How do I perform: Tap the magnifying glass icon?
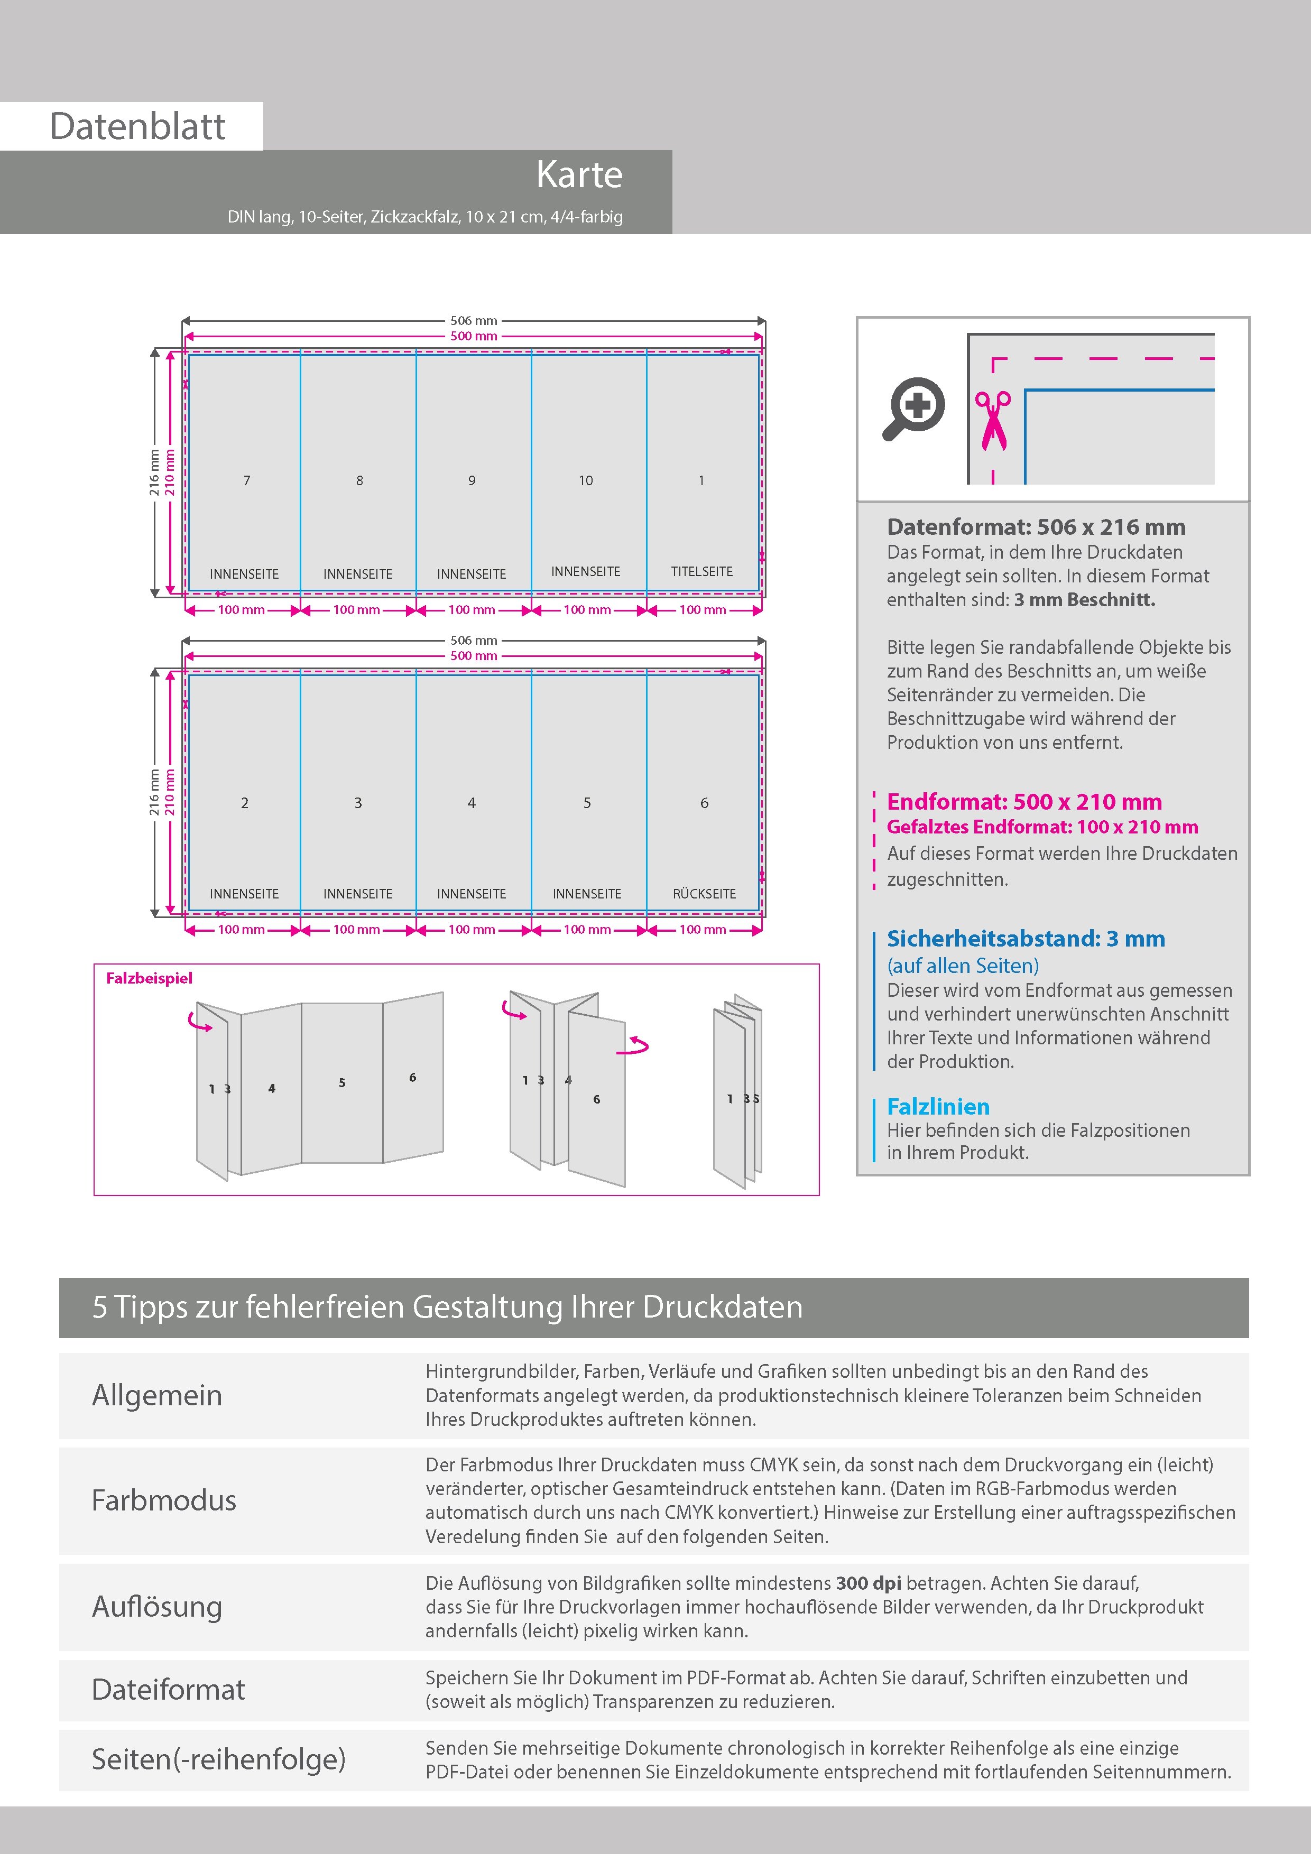click(x=913, y=408)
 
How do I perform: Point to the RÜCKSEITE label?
click(x=704, y=894)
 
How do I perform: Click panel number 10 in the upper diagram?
click(x=586, y=480)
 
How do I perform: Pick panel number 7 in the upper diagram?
click(x=247, y=480)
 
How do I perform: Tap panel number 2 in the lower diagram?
click(x=245, y=803)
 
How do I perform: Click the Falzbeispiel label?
click(x=150, y=978)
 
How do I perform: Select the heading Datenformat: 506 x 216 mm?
click(x=1036, y=527)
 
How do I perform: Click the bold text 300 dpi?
click(x=869, y=1583)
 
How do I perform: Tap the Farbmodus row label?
click(x=164, y=1500)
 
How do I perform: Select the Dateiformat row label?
click(x=168, y=1689)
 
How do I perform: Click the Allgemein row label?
click(x=156, y=1395)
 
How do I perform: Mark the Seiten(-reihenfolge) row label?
click(x=218, y=1759)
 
